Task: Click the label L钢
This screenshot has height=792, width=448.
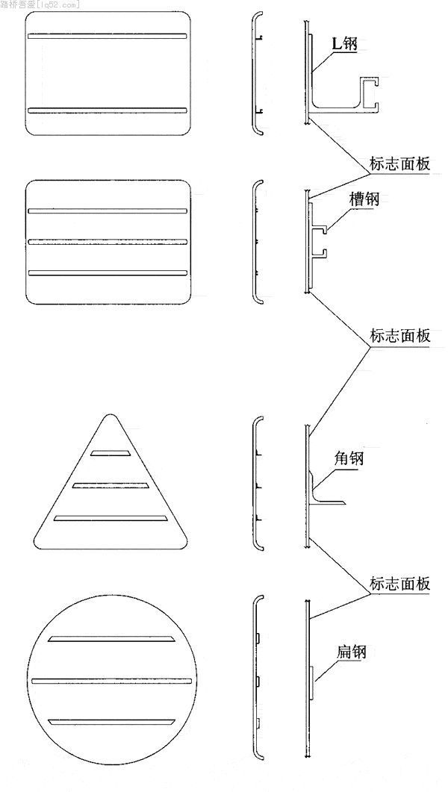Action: pyautogui.click(x=344, y=44)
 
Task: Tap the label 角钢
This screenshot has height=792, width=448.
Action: pyautogui.click(x=349, y=458)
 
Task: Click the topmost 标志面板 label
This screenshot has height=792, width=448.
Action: pyautogui.click(x=400, y=164)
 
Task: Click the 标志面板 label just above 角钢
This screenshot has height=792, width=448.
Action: pyautogui.click(x=400, y=336)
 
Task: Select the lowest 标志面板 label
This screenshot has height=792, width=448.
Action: pyautogui.click(x=400, y=584)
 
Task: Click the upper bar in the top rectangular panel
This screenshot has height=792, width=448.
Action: pyautogui.click(x=108, y=36)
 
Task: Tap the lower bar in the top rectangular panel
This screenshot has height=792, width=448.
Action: pyautogui.click(x=108, y=110)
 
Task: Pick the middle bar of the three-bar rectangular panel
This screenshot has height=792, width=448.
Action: pyautogui.click(x=108, y=242)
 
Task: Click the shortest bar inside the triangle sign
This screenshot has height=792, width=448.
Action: pyautogui.click(x=110, y=452)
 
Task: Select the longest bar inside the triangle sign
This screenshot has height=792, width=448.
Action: pyautogui.click(x=110, y=518)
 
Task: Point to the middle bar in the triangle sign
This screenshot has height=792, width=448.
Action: pyautogui.click(x=110, y=485)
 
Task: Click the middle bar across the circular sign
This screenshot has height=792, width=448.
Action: pyautogui.click(x=112, y=681)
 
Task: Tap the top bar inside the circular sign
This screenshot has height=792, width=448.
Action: pyautogui.click(x=112, y=640)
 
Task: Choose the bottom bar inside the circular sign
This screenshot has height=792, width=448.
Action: pyautogui.click(x=112, y=723)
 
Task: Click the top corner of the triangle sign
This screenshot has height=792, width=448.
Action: pyautogui.click(x=109, y=415)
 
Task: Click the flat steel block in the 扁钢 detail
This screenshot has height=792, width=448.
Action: pyautogui.click(x=312, y=682)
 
